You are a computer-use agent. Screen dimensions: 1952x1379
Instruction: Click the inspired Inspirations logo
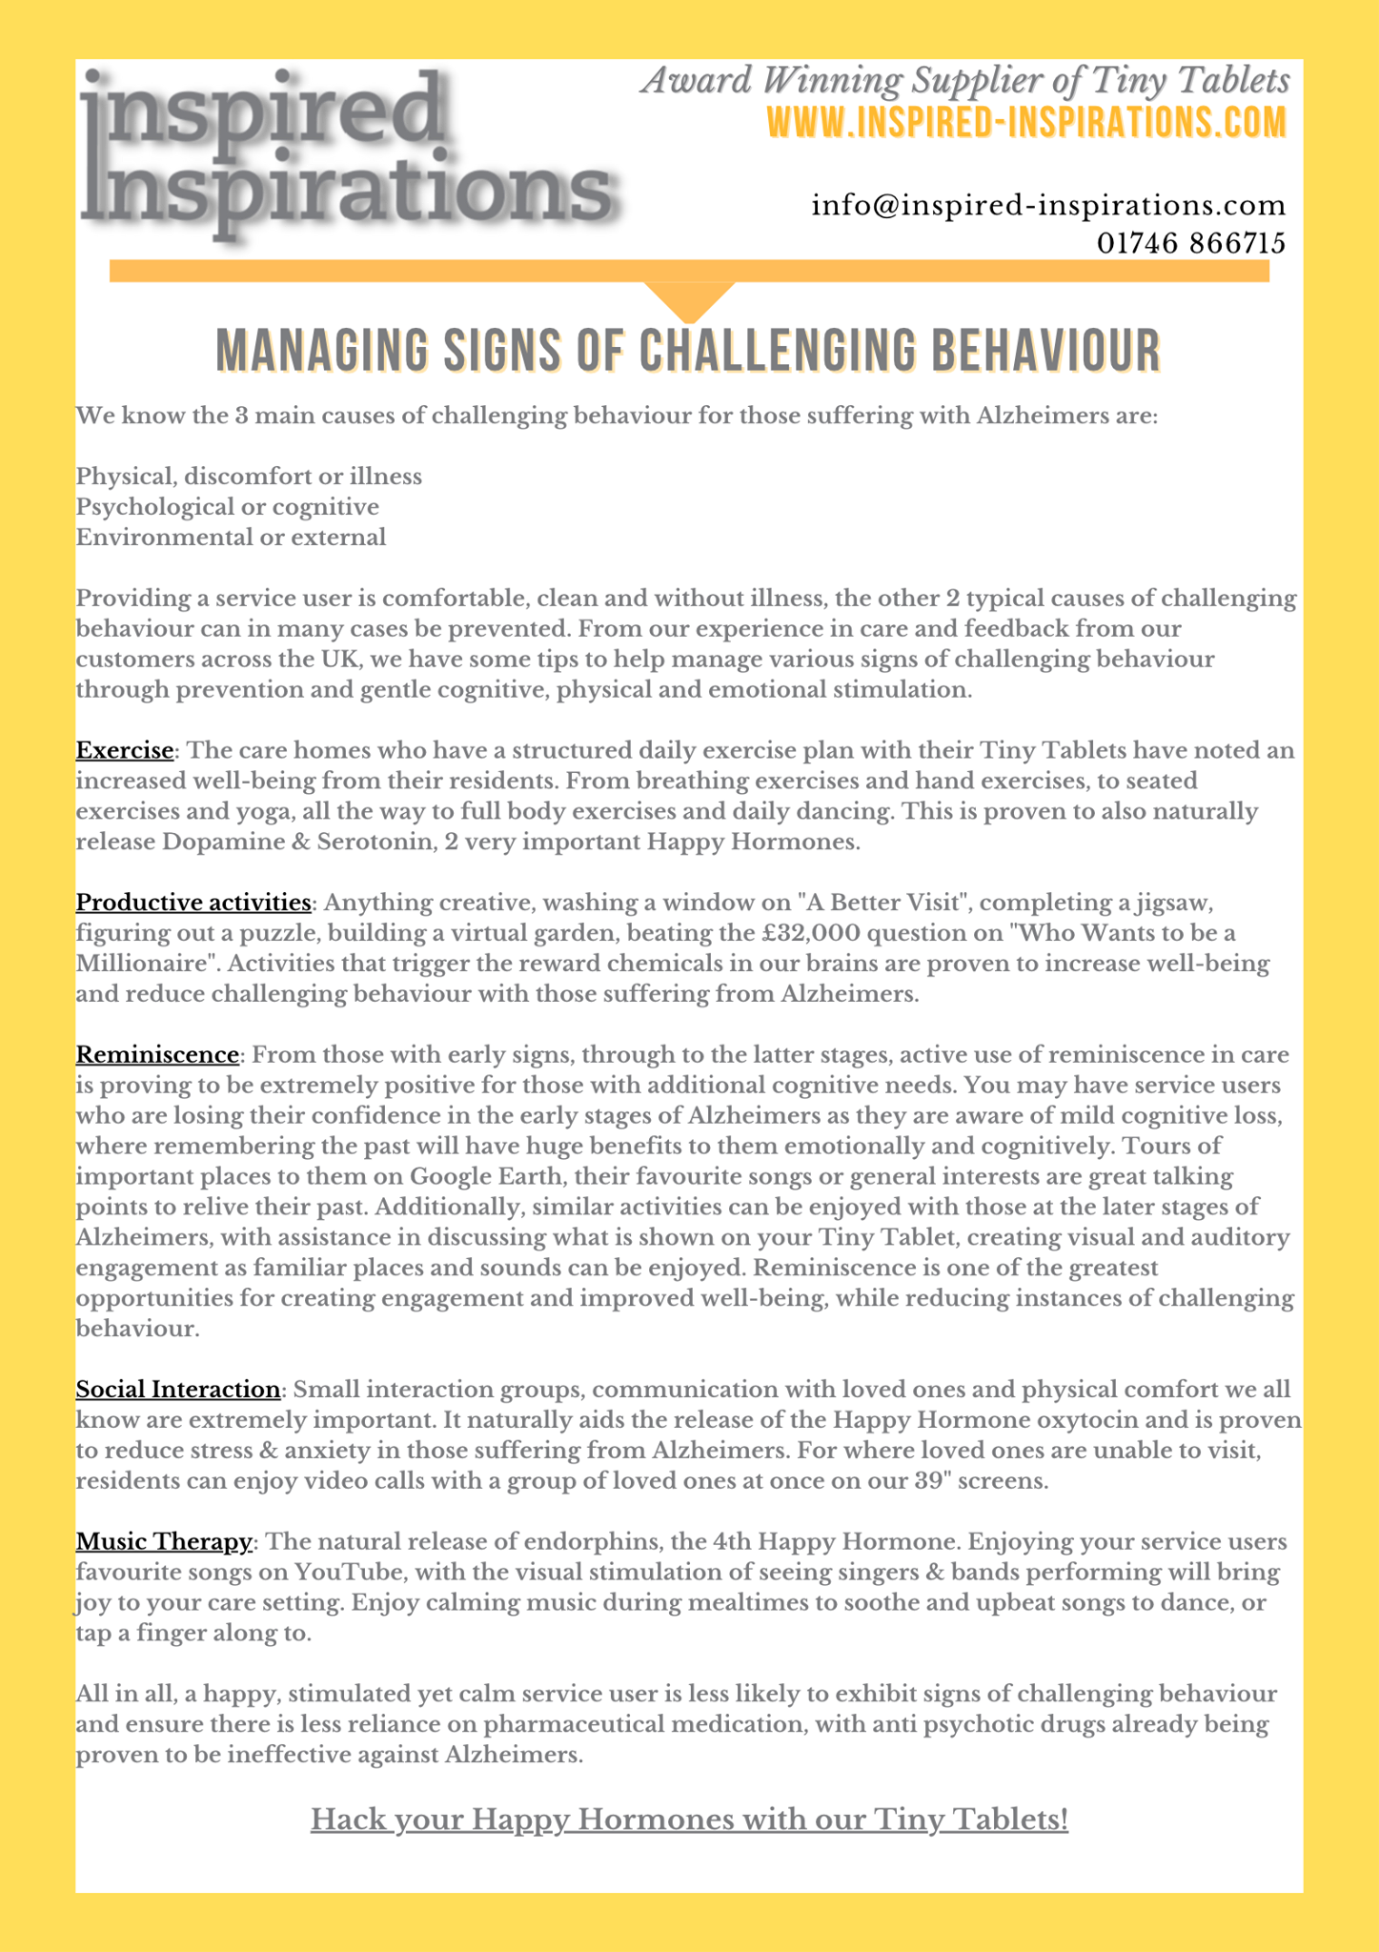tap(348, 152)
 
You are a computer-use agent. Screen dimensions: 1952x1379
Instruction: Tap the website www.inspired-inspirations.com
tap(1026, 124)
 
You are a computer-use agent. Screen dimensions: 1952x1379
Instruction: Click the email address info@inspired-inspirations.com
tap(1048, 205)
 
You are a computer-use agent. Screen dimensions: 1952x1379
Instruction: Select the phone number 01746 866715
tap(1190, 243)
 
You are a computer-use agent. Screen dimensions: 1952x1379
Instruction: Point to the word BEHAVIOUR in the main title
tap(1045, 351)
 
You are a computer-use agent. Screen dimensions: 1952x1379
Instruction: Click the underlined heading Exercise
tap(125, 750)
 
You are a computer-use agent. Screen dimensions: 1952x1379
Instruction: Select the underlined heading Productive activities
tap(193, 902)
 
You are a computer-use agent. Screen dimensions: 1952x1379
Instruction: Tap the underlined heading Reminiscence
tap(157, 1054)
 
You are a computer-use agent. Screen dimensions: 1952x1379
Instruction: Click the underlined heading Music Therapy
tap(164, 1541)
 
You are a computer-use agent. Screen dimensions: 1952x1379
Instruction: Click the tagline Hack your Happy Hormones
tap(689, 1820)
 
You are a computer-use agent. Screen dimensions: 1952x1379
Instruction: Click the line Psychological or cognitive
tap(227, 506)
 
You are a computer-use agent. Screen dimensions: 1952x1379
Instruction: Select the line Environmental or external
tap(231, 537)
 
